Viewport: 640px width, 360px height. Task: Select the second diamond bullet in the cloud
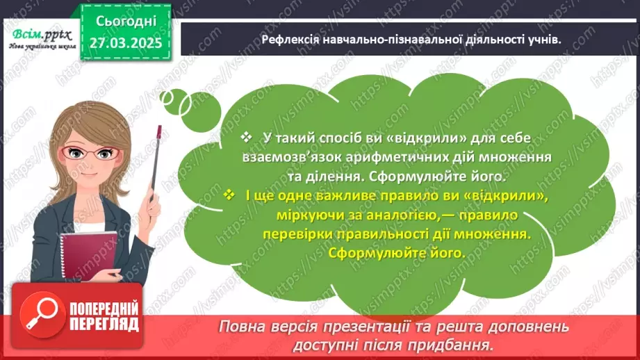click(230, 197)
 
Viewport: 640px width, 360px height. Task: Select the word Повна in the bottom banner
click(243, 327)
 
